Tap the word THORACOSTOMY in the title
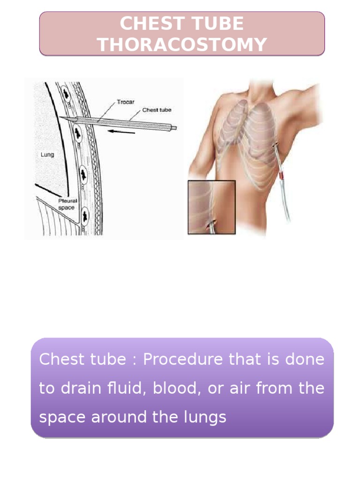(182, 45)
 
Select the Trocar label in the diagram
(126, 102)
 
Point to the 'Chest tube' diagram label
(157, 110)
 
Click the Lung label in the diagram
(47, 154)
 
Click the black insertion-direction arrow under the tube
(121, 132)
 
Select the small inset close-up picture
(211, 207)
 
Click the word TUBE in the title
(220, 24)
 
